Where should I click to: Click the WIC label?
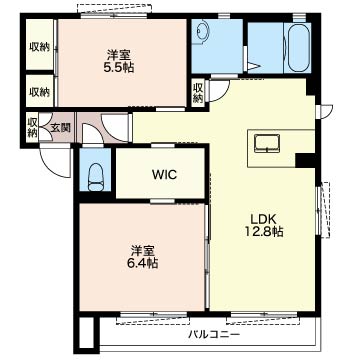pos(164,174)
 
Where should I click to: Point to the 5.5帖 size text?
pos(120,71)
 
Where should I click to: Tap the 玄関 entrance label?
pos(60,127)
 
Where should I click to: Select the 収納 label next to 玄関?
pos(33,127)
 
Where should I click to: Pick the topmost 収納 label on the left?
pos(39,46)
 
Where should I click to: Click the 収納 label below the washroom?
pos(198,92)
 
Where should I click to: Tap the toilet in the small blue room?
pos(96,176)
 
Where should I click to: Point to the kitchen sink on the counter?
pos(268,142)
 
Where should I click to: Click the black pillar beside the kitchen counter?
pos(305,159)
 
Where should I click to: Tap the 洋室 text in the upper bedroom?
pos(120,55)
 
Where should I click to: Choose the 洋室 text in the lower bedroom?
pos(141,248)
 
